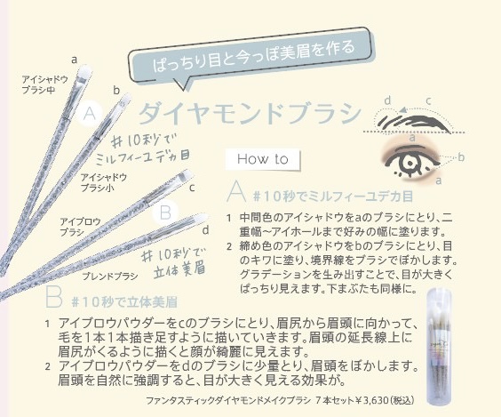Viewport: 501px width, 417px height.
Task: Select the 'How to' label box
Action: pyautogui.click(x=264, y=160)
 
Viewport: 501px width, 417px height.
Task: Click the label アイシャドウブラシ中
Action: pyautogui.click(x=43, y=85)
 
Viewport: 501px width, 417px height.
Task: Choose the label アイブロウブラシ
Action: pyautogui.click(x=77, y=226)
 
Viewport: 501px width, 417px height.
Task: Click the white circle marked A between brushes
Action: pyautogui.click(x=89, y=114)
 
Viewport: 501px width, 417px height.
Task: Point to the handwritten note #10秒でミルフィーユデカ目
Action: pyautogui.click(x=142, y=148)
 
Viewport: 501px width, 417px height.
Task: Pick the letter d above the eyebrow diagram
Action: pyautogui.click(x=387, y=100)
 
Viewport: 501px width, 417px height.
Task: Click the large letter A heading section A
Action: pyautogui.click(x=235, y=191)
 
